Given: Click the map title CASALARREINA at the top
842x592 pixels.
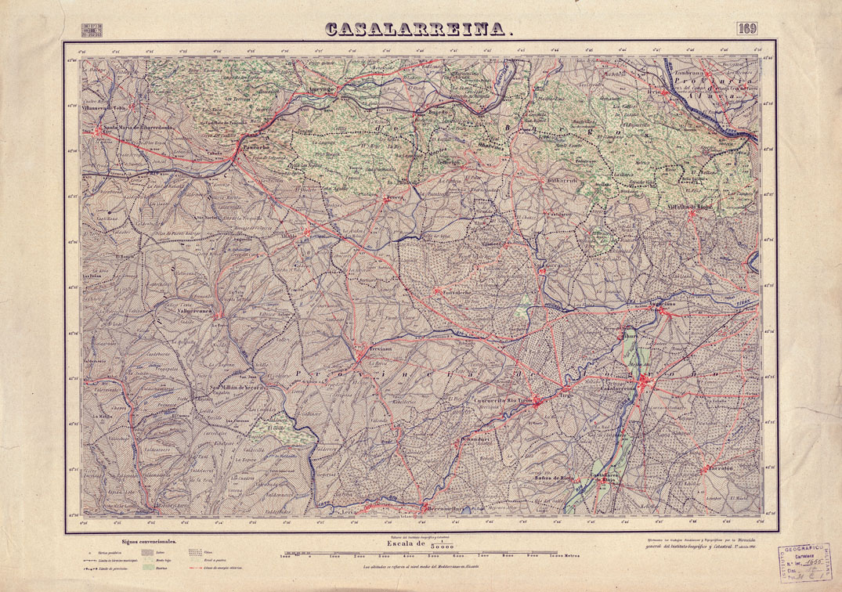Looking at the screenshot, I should (419, 29).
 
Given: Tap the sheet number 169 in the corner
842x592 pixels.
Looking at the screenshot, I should (746, 30).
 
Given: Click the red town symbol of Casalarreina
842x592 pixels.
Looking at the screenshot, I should (643, 381).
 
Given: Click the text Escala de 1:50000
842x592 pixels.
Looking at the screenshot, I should (422, 543).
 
